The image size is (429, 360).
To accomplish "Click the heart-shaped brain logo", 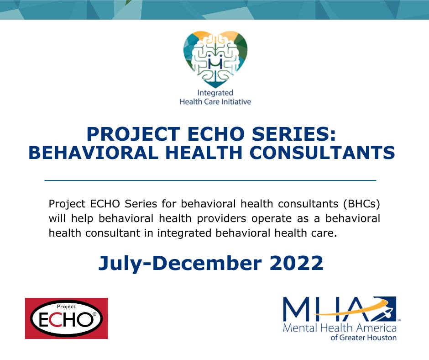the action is point(215,59).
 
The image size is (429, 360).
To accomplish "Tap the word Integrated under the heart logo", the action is point(215,93).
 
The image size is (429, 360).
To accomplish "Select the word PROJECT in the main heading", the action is point(133,134).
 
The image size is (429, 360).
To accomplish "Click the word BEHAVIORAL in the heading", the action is point(94,152).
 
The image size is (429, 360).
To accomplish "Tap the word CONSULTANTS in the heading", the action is point(322,152).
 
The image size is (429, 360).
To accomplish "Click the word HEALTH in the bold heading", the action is point(204,152).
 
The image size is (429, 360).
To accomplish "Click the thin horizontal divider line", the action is point(210,180).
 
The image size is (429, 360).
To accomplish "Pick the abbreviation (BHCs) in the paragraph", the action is point(361,204).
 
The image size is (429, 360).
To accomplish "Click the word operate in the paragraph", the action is point(272,219).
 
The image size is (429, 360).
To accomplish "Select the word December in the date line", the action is point(207,263).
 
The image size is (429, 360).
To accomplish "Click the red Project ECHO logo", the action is point(67,318).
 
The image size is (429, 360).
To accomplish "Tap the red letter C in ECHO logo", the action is point(57,319).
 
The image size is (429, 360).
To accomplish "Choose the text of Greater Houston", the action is point(364,337).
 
